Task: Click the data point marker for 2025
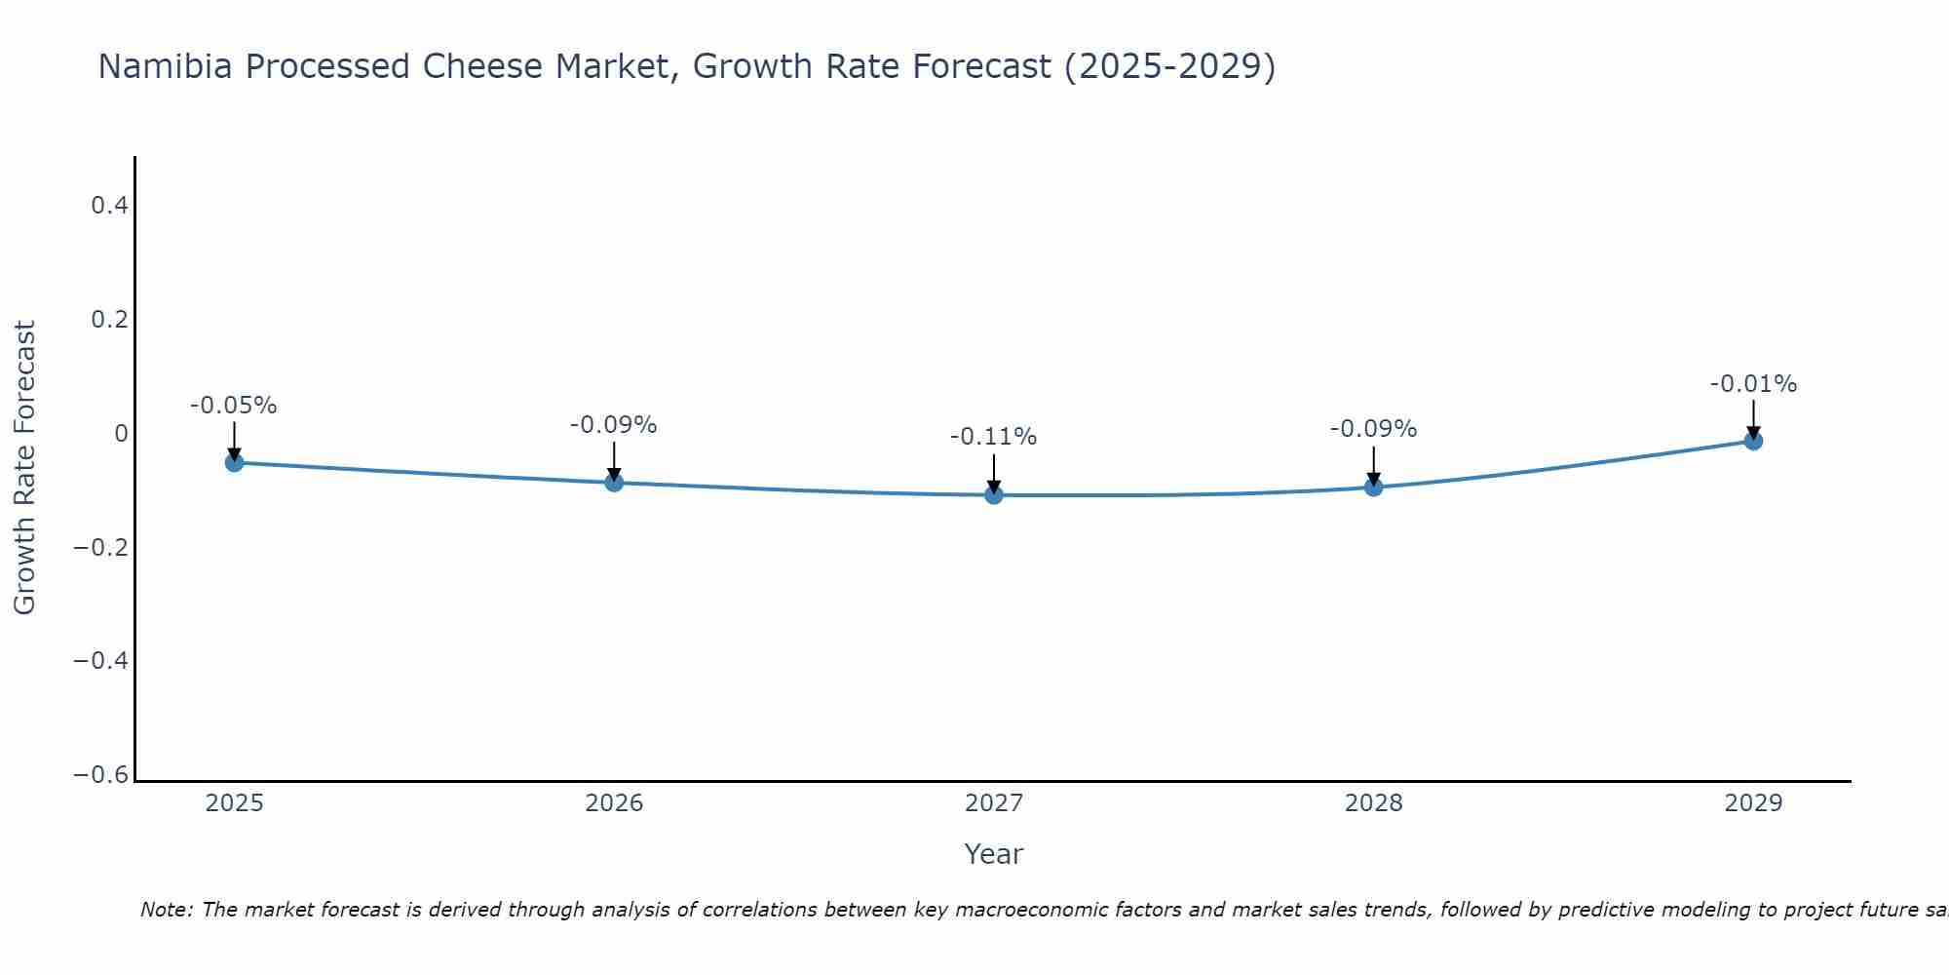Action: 234,462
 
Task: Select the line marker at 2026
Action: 614,482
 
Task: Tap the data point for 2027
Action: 994,495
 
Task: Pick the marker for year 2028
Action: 1374,487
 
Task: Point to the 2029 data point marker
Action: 1753,441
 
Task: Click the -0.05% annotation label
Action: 234,406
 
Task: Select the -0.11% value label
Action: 994,437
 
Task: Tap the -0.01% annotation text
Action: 1753,384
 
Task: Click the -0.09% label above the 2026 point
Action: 614,425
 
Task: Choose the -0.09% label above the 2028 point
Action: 1374,429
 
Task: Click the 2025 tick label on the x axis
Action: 234,803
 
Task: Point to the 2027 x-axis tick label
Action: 994,803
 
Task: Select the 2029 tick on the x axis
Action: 1753,803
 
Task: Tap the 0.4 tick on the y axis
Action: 109,206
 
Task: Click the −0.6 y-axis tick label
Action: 100,775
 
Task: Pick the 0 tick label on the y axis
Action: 121,434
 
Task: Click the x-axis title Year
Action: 994,854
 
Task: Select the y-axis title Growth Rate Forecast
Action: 25,468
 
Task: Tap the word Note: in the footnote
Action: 167,910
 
